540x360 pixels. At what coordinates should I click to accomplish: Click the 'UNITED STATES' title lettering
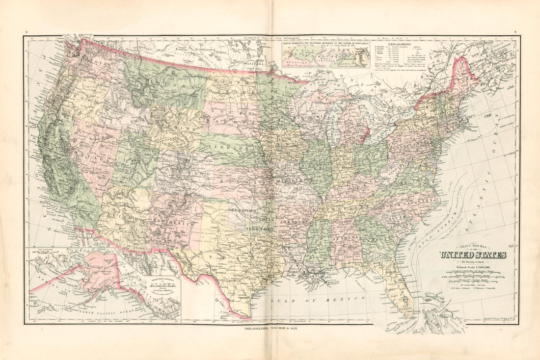(473, 255)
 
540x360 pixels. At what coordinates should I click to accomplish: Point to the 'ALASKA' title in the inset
(159, 290)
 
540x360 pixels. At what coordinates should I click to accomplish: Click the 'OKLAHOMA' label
(243, 210)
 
